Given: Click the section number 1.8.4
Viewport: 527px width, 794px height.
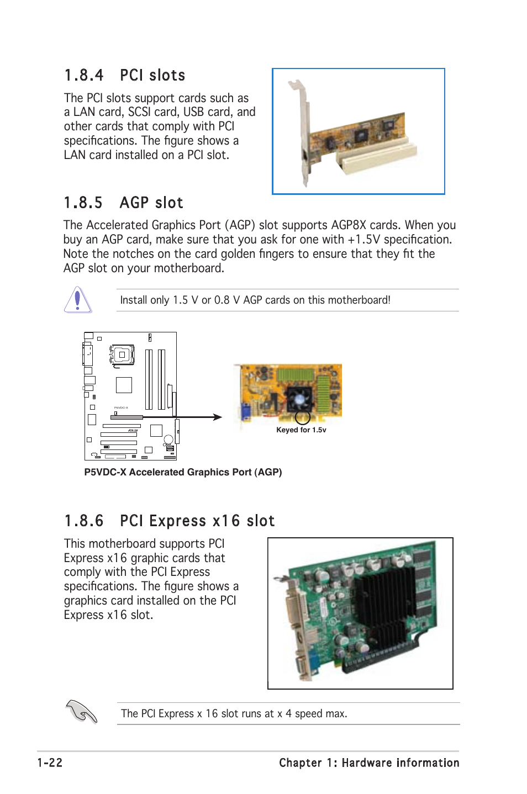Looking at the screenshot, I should (83, 76).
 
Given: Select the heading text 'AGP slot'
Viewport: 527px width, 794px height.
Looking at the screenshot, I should (151, 203).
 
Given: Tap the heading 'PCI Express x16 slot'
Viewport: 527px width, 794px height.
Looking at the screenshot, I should (197, 521).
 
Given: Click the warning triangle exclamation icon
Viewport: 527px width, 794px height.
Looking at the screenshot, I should (78, 300).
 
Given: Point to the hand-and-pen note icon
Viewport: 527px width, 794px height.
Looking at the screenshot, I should (81, 711).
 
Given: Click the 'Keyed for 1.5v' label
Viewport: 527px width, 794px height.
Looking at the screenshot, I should (301, 430).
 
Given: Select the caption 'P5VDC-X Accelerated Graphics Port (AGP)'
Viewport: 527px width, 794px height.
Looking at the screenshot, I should (183, 472).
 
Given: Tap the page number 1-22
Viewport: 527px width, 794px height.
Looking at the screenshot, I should (50, 763).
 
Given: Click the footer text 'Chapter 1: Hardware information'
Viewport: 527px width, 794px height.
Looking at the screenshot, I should (369, 763).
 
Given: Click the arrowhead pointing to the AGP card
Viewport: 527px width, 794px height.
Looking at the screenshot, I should (218, 417).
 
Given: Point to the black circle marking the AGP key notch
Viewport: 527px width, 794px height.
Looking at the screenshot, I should (302, 417).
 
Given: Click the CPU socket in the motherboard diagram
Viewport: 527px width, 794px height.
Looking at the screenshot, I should (123, 355).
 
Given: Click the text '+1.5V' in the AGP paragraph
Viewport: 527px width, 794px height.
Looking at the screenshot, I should (363, 240).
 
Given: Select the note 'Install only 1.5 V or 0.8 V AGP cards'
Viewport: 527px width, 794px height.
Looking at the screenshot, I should (255, 300).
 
